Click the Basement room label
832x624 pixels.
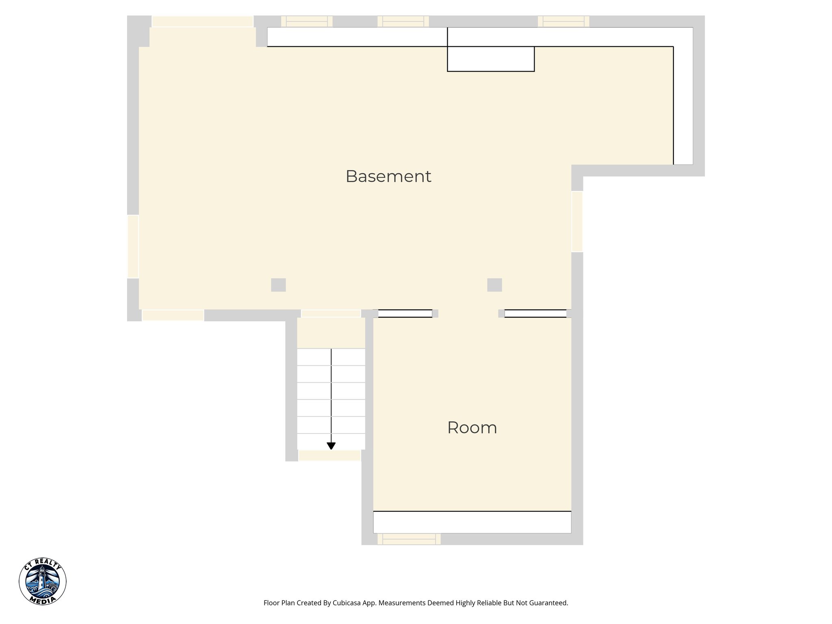(388, 176)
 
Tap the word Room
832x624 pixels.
(472, 428)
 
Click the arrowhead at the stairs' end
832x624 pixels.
(331, 446)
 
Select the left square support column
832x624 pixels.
(278, 285)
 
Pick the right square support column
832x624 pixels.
(494, 285)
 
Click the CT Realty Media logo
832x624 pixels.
(42, 581)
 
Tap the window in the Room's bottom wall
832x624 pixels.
(409, 539)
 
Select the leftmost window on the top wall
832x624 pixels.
(307, 21)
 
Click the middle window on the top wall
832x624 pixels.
(403, 21)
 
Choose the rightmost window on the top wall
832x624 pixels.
(563, 21)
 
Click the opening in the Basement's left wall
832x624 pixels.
(133, 246)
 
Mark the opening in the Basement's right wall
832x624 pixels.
(577, 221)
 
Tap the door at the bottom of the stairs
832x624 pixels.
(329, 455)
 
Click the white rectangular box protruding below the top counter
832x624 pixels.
(491, 59)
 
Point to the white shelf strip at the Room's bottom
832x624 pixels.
(472, 522)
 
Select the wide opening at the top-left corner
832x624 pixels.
(202, 22)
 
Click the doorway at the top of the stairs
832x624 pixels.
(331, 313)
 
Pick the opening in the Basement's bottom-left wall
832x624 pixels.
(173, 315)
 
